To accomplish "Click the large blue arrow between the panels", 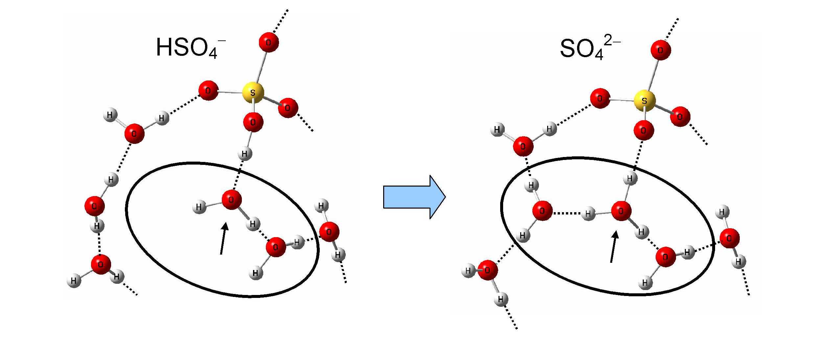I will [x=414, y=197].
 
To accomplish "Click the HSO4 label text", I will [x=190, y=48].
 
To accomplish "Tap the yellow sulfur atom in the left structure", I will [x=253, y=93].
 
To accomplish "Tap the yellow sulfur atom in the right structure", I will [x=644, y=101].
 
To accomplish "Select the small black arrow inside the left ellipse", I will [x=223, y=238].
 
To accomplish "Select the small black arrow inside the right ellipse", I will [x=613, y=247].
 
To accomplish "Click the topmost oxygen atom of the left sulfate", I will [x=268, y=42].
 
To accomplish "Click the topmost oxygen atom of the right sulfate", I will [x=660, y=50].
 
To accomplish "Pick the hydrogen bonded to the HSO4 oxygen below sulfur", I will [x=244, y=153].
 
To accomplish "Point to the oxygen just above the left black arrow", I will [x=231, y=199].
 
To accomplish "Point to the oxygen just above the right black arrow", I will [x=621, y=211].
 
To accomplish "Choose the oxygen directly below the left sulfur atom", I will [x=253, y=122].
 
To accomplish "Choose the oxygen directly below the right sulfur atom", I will [x=643, y=130].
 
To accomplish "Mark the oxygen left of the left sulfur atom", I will [x=208, y=90].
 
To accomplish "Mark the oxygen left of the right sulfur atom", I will [x=600, y=98].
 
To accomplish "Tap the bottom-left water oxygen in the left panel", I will [x=101, y=264].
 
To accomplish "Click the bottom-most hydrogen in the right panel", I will [x=501, y=299].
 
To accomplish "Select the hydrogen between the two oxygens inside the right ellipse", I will [x=588, y=214].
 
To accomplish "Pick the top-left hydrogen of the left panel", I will [x=110, y=115].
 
